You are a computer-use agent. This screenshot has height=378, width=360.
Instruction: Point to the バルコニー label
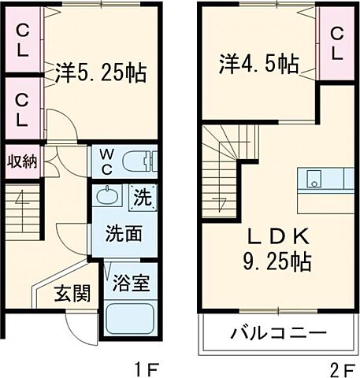(278, 332)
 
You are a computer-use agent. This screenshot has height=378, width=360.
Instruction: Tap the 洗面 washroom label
(124, 233)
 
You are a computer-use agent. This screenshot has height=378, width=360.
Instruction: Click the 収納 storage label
(21, 161)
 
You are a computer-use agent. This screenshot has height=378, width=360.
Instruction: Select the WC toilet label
(106, 162)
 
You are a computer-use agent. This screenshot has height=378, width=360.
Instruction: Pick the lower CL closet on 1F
(23, 109)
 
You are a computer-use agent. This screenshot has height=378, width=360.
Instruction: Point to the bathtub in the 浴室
(129, 321)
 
